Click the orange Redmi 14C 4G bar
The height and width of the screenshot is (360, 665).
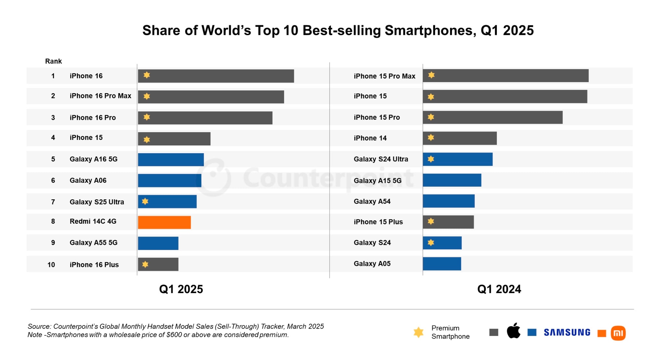[164, 222]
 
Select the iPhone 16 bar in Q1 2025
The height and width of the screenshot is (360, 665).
[216, 76]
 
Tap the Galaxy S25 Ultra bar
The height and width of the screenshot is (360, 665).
[167, 202]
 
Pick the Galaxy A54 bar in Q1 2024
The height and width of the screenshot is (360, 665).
[448, 201]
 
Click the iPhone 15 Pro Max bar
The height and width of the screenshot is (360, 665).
[506, 76]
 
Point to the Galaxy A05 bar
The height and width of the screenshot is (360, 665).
[442, 264]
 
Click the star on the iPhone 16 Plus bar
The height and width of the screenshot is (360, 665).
[145, 264]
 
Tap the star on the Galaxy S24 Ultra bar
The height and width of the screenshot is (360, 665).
[431, 159]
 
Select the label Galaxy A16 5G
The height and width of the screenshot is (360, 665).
[94, 159]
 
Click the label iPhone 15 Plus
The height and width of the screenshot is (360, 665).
[378, 222]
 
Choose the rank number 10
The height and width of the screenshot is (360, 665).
[51, 265]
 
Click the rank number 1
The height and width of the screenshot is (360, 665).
[53, 76]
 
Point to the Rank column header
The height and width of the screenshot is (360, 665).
[53, 61]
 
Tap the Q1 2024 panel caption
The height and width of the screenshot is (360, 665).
[499, 289]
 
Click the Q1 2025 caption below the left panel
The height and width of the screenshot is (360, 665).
[181, 289]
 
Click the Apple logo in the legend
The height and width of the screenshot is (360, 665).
[513, 331]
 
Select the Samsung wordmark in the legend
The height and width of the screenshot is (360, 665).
[567, 332]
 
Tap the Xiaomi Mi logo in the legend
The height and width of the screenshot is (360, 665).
[618, 333]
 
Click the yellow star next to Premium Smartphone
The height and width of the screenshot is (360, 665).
[419, 332]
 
